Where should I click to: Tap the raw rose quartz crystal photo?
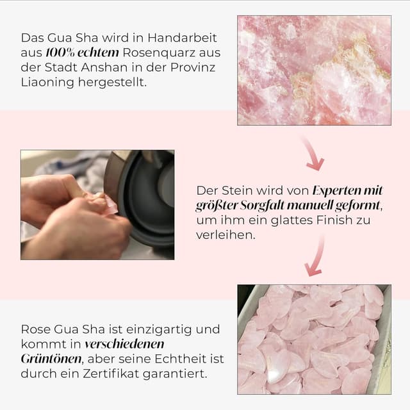click(x=314, y=70)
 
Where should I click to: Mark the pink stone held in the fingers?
click(x=110, y=206)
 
